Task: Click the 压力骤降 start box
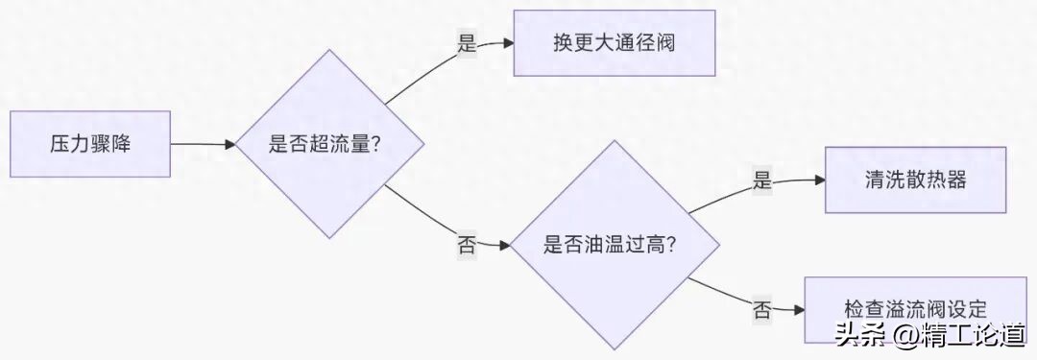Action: [90, 144]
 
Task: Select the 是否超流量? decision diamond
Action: [330, 144]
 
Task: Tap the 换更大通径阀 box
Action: [615, 43]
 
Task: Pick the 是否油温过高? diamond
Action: [615, 244]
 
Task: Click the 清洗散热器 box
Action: [915, 180]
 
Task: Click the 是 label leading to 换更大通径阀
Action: [467, 43]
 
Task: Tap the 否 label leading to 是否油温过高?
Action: [467, 244]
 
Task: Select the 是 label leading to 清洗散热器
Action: [762, 180]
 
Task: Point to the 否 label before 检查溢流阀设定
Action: [762, 309]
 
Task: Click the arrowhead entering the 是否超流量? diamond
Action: [229, 144]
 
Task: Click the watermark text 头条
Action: [858, 336]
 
